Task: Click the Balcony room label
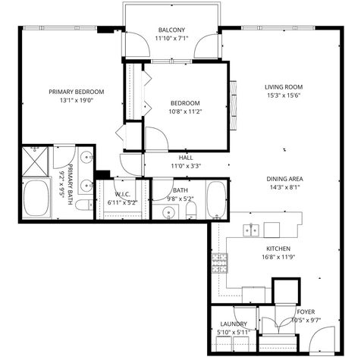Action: click(171, 30)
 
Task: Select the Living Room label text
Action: click(283, 87)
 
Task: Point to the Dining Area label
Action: click(281, 179)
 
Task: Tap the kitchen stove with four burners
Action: click(220, 262)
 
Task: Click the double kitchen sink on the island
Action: click(253, 229)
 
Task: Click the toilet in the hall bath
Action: click(191, 208)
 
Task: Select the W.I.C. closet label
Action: click(124, 195)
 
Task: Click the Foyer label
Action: click(305, 311)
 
